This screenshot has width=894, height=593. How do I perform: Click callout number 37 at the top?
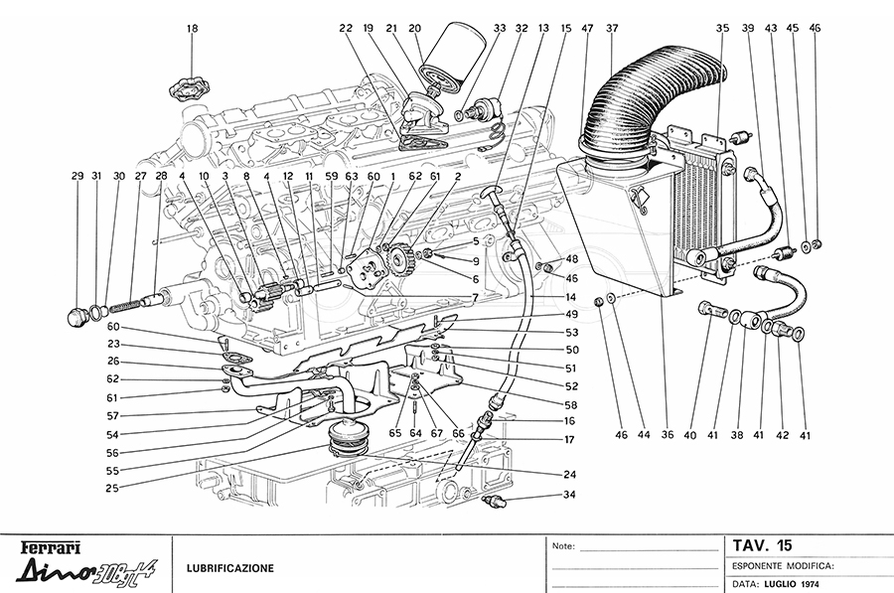(x=612, y=28)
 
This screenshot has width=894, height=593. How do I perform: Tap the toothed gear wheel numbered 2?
(x=402, y=257)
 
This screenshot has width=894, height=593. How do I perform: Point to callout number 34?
(x=569, y=495)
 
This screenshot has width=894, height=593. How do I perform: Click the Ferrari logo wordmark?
(x=51, y=548)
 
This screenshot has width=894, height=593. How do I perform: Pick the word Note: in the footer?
(x=563, y=546)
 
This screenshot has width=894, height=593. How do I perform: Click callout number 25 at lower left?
(x=112, y=488)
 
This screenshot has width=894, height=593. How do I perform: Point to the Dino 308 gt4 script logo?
(x=85, y=571)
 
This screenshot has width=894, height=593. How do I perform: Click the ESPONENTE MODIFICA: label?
(x=784, y=566)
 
